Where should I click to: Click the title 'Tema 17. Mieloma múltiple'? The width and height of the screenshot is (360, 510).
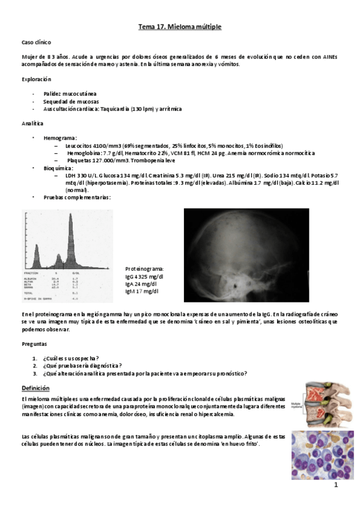point(180,28)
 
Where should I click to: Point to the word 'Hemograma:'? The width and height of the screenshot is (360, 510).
point(60,138)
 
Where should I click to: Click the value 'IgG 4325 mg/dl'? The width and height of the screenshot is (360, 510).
point(144,276)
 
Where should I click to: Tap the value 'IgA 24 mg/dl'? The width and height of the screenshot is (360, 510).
point(141,283)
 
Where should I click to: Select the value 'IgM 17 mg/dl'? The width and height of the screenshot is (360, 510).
point(142,291)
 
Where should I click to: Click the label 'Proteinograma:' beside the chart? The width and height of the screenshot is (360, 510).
point(145,269)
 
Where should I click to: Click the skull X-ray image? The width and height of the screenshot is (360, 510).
point(246,255)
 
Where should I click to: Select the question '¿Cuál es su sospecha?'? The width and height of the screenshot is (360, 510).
point(71,358)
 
